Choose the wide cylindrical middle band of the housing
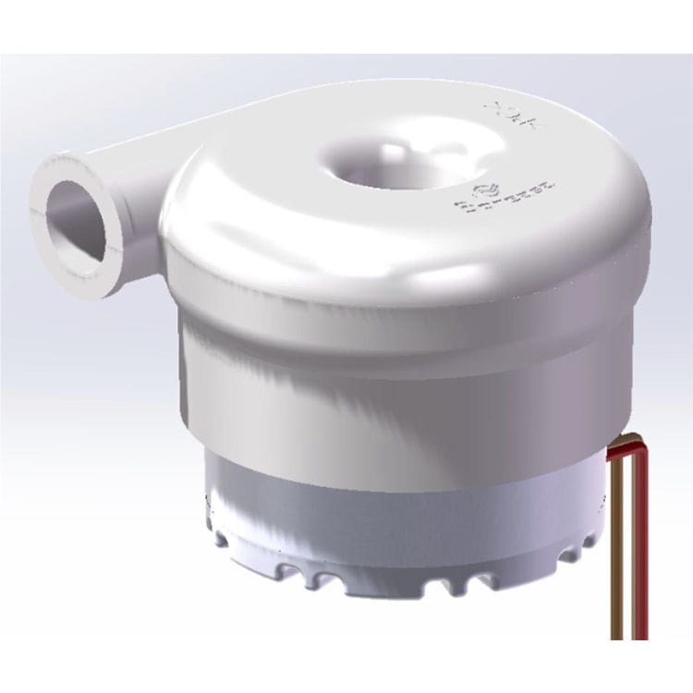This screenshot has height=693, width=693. coord(397,388)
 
